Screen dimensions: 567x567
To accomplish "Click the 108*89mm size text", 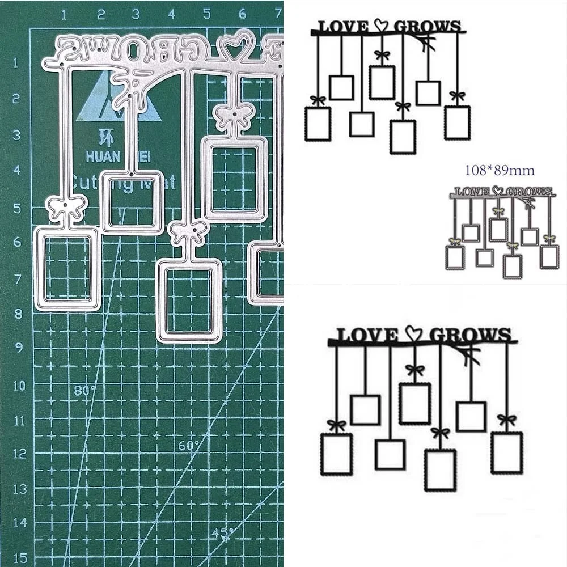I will (x=499, y=170).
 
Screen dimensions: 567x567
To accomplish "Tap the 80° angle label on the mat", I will (x=85, y=390).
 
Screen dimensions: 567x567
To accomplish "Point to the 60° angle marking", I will (x=189, y=446).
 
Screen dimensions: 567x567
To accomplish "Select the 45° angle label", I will (x=223, y=533).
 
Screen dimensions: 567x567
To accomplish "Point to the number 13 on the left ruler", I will (x=20, y=488).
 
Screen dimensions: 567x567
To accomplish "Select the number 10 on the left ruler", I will (x=20, y=386).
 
